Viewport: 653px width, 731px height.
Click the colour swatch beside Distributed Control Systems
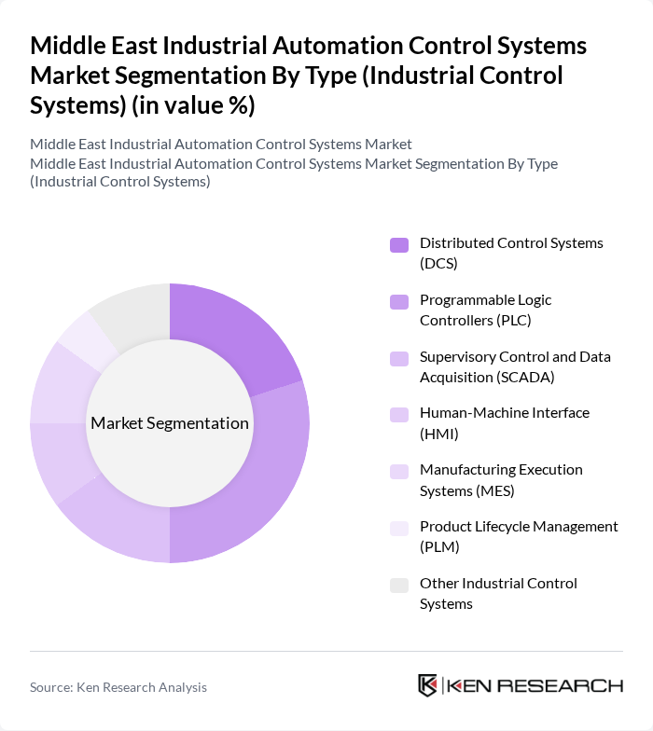[x=399, y=244]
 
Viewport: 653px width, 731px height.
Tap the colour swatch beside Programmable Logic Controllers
[x=399, y=301]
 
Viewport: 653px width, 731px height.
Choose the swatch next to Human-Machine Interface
[x=399, y=414]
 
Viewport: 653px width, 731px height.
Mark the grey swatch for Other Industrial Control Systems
[x=399, y=585]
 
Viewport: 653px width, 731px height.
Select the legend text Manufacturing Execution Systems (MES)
[x=501, y=480]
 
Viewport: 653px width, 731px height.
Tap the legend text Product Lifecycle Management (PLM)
[x=518, y=537]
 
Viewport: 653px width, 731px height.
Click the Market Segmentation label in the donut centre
[x=170, y=423]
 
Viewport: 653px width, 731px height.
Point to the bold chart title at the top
[x=308, y=76]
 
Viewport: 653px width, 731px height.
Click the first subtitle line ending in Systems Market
[x=220, y=145]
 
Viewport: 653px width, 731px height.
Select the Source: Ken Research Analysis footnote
[x=118, y=687]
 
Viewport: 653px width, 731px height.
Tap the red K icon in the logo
[x=428, y=685]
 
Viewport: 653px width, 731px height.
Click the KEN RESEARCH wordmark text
[x=535, y=685]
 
